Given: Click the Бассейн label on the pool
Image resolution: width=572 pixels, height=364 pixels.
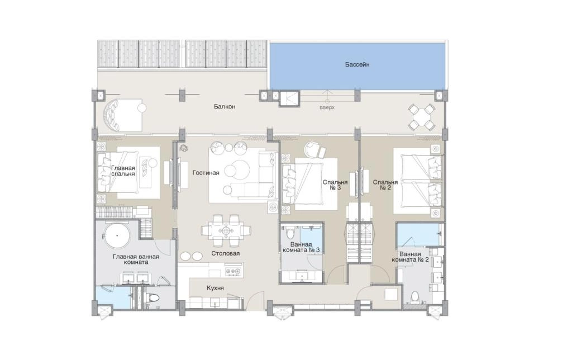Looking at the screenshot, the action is (357, 65).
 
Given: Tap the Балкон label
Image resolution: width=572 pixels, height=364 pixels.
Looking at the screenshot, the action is (225, 107).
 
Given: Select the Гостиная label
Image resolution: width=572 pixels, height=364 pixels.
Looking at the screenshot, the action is (206, 173).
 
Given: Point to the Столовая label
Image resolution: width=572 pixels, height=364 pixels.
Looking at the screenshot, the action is (226, 253).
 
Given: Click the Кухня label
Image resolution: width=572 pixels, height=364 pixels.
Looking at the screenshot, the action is (215, 288).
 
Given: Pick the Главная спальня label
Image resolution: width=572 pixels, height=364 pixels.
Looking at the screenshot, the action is (123, 171).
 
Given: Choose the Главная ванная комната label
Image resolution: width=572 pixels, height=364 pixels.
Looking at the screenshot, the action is (136, 259).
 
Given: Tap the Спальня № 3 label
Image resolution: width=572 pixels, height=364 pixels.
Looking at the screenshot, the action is (335, 185).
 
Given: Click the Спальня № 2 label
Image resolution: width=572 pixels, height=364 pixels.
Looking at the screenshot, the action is (385, 185).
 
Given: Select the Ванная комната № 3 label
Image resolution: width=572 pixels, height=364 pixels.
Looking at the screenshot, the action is (301, 247).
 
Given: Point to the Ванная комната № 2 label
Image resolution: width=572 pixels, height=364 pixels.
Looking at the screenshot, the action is (410, 257).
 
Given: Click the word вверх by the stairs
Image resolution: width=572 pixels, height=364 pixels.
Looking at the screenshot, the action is (327, 108).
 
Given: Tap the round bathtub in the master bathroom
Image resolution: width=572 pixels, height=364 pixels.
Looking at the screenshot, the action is (117, 236).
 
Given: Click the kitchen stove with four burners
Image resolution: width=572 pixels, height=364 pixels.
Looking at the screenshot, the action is (233, 271).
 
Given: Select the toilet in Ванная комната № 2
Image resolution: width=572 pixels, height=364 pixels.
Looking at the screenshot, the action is (415, 297).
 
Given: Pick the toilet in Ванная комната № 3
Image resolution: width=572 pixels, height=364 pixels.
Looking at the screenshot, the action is (290, 232).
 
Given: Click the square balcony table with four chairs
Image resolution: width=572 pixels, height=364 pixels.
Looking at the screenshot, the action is (422, 117).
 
